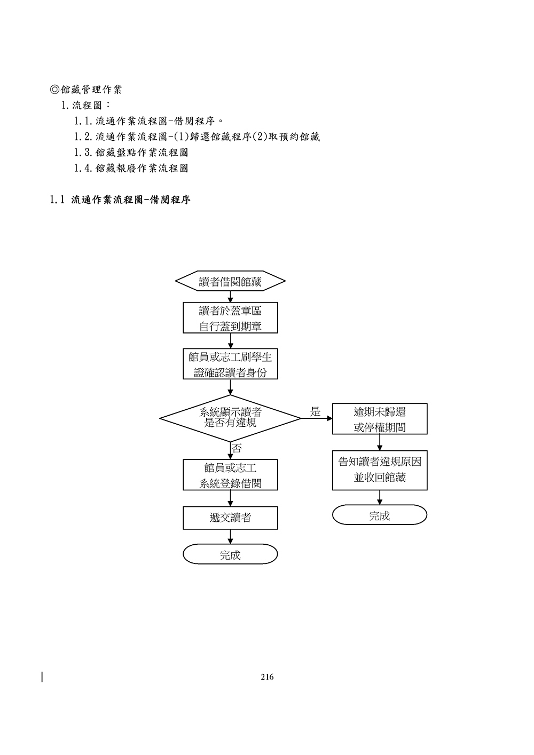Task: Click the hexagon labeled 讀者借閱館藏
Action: (x=230, y=281)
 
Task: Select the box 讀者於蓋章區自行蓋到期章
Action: (x=230, y=318)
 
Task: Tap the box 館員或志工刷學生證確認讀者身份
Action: (x=230, y=364)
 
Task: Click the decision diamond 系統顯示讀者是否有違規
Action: (x=230, y=418)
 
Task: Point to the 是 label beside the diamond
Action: (x=316, y=411)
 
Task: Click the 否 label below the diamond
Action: (x=236, y=448)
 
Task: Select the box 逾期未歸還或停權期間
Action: (x=380, y=419)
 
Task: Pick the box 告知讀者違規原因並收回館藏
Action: (x=380, y=470)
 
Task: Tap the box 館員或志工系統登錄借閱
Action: (x=230, y=475)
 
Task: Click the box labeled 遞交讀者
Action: (x=230, y=518)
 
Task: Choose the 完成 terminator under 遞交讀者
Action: (x=230, y=554)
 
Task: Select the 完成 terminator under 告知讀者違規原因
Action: (x=380, y=515)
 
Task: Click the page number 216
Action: (x=267, y=677)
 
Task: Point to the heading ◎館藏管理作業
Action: (x=86, y=90)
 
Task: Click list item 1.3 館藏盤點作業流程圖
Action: (x=131, y=153)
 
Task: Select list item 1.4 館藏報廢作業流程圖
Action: (x=131, y=169)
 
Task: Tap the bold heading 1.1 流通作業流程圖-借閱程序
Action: (x=120, y=201)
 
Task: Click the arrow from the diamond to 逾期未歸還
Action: (x=317, y=419)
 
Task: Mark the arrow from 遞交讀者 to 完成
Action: (x=230, y=537)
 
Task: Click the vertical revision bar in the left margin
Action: (x=42, y=677)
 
